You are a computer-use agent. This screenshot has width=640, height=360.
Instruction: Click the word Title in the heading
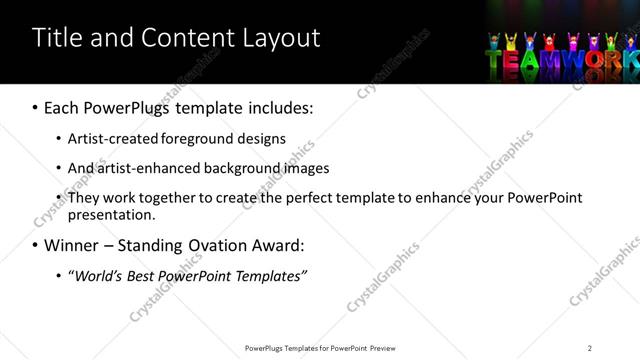point(57,38)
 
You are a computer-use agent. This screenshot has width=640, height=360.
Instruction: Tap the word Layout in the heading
point(282,39)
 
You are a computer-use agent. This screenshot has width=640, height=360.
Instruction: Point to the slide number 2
point(590,348)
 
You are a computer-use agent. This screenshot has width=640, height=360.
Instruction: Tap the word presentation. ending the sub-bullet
point(112,214)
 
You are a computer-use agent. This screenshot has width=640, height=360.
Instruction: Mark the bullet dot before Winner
point(35,246)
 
